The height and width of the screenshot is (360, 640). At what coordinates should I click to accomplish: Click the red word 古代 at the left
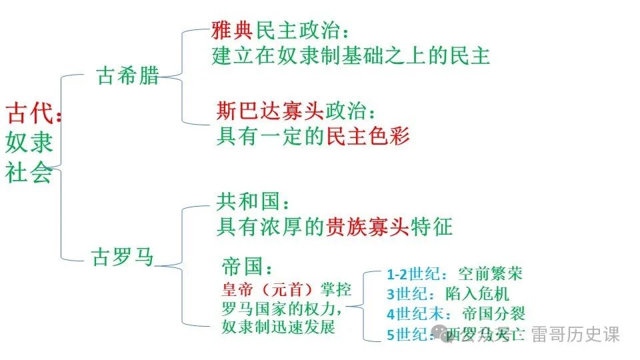(x=28, y=113)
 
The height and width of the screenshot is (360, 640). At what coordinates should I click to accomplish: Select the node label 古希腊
(x=129, y=75)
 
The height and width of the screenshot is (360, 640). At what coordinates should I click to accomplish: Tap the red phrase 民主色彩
(x=367, y=136)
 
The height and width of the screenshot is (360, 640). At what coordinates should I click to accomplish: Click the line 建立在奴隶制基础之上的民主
(x=351, y=56)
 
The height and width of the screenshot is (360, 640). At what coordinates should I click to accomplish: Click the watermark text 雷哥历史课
(x=575, y=334)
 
